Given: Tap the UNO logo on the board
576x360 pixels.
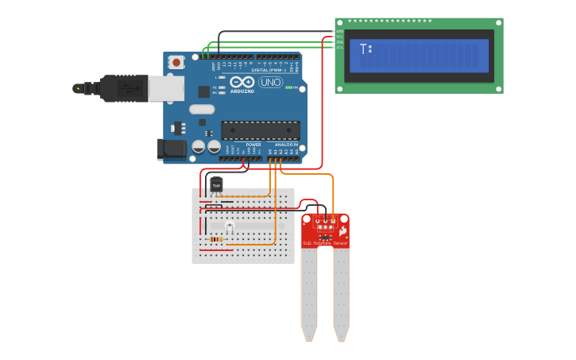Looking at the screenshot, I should click(x=270, y=82).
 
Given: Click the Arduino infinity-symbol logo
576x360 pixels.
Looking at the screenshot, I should click(x=242, y=82).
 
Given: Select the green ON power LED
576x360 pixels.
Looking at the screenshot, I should click(x=288, y=87).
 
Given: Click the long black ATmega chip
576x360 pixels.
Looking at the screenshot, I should click(x=260, y=130).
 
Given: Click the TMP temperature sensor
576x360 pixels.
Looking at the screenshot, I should click(x=215, y=184).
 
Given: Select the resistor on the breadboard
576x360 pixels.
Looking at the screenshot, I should click(x=215, y=238).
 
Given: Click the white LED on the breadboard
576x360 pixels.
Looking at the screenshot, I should click(x=230, y=227).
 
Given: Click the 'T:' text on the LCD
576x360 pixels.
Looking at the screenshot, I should click(x=365, y=49).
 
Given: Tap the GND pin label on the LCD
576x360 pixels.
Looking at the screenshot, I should click(x=339, y=32).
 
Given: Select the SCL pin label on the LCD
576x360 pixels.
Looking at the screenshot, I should click(x=339, y=48).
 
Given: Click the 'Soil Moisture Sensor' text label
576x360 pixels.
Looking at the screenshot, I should click(x=325, y=242).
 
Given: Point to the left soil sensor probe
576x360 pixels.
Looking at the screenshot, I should click(x=309, y=294).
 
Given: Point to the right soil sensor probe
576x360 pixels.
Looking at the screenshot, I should click(x=341, y=294).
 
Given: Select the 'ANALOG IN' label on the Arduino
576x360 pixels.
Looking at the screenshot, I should click(x=285, y=145).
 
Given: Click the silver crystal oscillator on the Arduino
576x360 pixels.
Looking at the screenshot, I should click(x=202, y=109).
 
